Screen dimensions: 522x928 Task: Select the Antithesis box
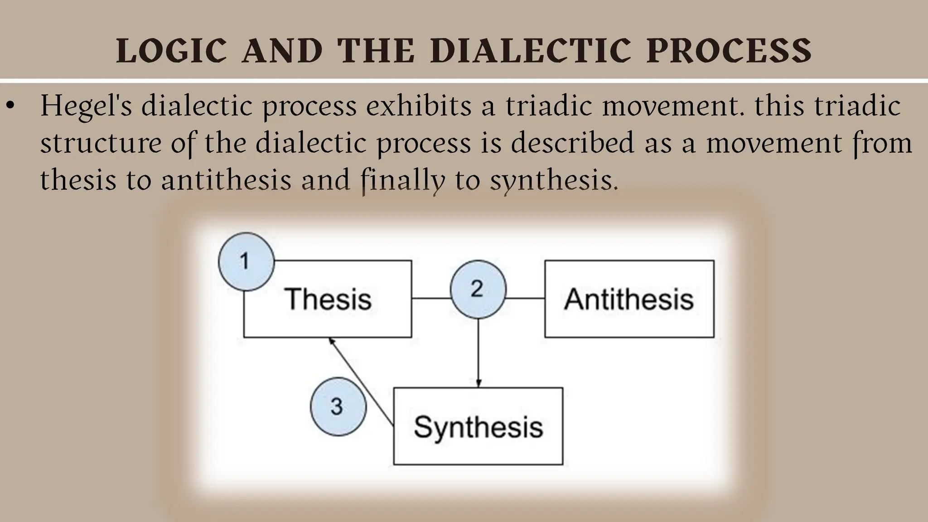tap(629, 299)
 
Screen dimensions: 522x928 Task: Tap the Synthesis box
tap(478, 426)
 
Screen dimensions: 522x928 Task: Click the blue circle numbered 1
tap(246, 261)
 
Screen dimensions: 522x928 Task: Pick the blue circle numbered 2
tap(478, 289)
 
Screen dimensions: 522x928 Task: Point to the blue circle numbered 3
tap(338, 406)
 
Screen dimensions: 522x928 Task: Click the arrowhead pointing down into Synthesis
tap(478, 382)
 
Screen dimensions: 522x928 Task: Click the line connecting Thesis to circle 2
tap(431, 298)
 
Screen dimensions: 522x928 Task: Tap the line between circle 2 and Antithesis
tap(525, 298)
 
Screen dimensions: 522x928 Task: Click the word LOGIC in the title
tap(171, 51)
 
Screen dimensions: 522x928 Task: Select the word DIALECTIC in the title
tap(530, 51)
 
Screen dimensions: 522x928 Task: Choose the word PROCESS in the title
tap(729, 51)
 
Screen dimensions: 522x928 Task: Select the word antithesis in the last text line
tap(226, 179)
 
